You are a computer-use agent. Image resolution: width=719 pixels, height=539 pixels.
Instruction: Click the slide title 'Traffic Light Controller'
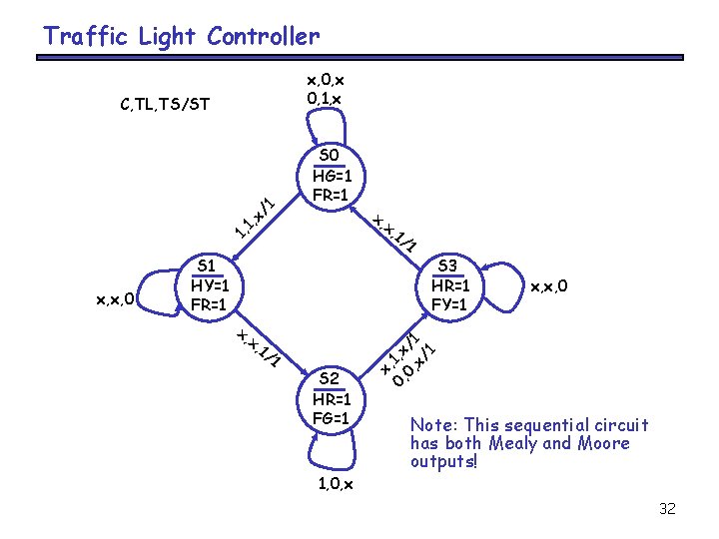[x=181, y=38]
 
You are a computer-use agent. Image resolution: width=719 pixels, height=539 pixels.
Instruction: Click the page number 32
[x=668, y=509]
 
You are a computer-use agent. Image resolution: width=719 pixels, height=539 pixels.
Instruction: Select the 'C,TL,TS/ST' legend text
[x=164, y=103]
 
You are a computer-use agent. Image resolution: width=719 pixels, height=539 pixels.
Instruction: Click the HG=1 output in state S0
[x=331, y=175]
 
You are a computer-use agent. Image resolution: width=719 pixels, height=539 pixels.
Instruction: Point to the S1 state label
[x=209, y=265]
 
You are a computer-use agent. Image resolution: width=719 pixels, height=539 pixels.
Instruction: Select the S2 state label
[x=331, y=377]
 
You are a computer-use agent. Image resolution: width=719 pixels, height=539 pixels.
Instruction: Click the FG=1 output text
[x=331, y=417]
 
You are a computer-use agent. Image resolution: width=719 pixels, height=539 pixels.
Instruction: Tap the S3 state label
[x=450, y=266]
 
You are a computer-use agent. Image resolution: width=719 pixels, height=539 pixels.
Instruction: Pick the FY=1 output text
[x=450, y=303]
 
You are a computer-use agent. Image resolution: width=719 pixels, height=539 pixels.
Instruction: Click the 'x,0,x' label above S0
[x=327, y=80]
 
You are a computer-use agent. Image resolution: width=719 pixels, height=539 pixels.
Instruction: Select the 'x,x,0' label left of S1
[x=116, y=296]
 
